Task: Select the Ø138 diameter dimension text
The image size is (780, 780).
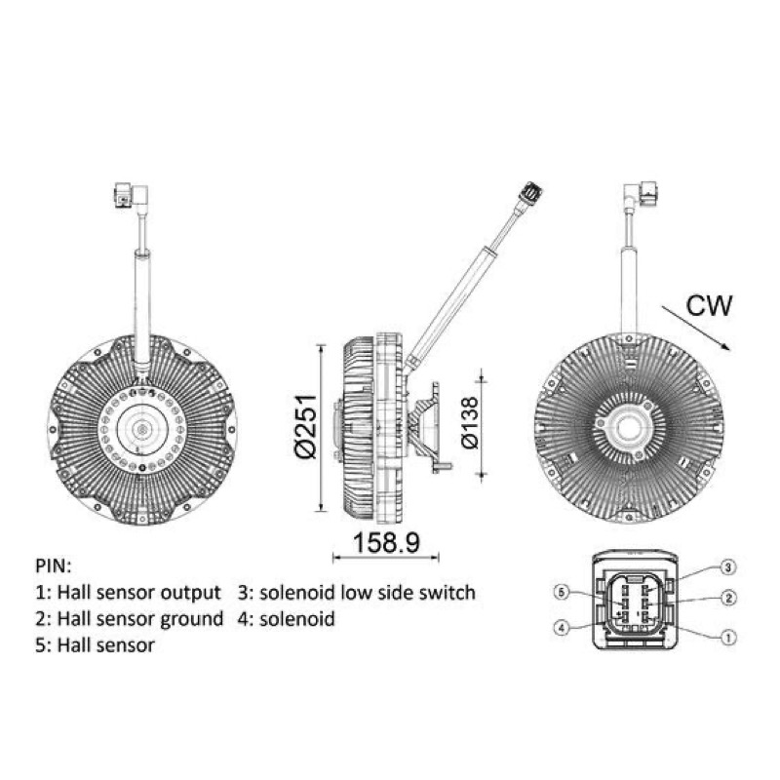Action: click(x=470, y=423)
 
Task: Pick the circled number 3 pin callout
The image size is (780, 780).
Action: click(x=727, y=567)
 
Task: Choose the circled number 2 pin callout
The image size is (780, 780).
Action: click(x=728, y=598)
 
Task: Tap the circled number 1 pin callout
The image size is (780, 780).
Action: click(x=728, y=637)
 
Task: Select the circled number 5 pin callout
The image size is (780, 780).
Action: click(x=562, y=593)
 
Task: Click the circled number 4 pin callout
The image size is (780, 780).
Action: click(x=562, y=628)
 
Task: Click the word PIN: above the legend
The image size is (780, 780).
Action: click(x=54, y=566)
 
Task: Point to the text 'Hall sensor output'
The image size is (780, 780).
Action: click(x=138, y=593)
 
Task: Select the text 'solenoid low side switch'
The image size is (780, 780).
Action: click(x=368, y=593)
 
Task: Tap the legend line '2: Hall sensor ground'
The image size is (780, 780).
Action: click(x=130, y=619)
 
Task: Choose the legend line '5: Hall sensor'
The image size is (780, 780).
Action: click(x=95, y=645)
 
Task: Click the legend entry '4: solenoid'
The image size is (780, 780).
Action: click(x=286, y=619)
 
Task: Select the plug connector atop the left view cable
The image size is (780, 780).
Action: click(x=131, y=195)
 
